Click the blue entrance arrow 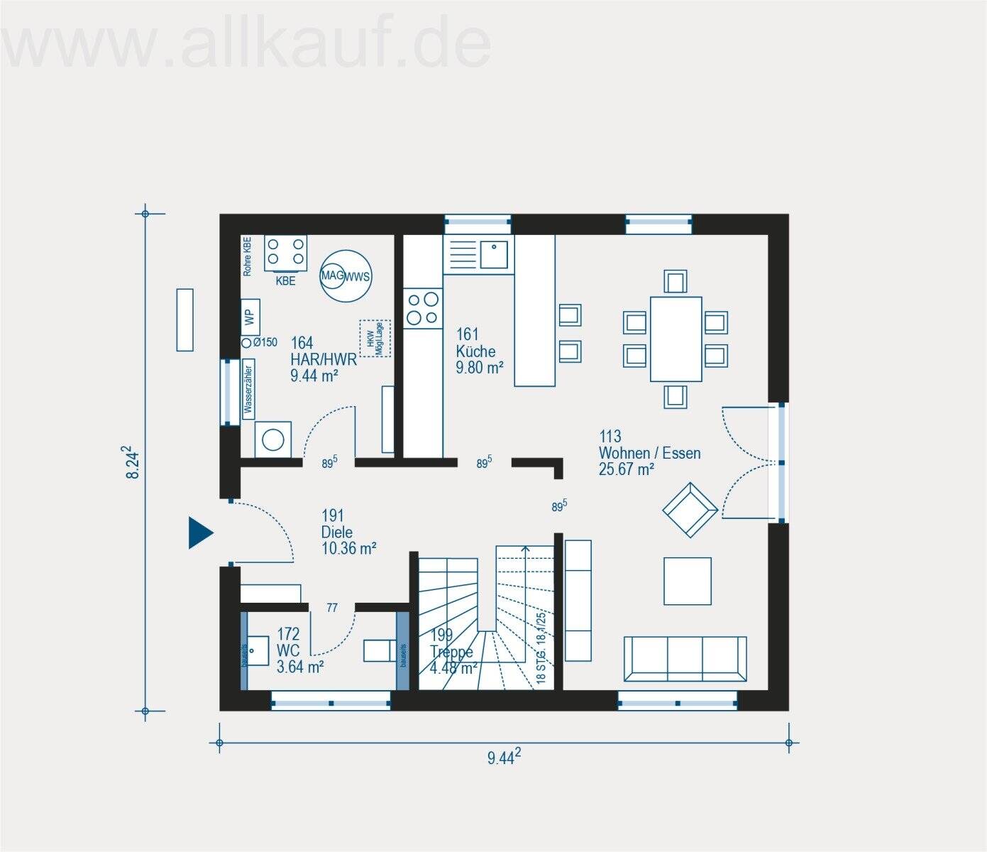pyautogui.click(x=200, y=533)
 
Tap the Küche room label pyautogui.click(x=476, y=351)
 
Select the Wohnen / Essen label pyautogui.click(x=649, y=453)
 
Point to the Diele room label pyautogui.click(x=337, y=532)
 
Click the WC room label pyautogui.click(x=288, y=650)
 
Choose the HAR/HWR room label pyautogui.click(x=323, y=360)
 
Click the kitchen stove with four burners pyautogui.click(x=422, y=309)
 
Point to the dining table pyautogui.click(x=676, y=339)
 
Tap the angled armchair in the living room pyautogui.click(x=690, y=510)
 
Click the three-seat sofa pyautogui.click(x=685, y=658)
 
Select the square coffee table pyautogui.click(x=687, y=581)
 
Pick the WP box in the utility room pyautogui.click(x=250, y=317)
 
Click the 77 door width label pyautogui.click(x=332, y=608)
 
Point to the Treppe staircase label pyautogui.click(x=451, y=652)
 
